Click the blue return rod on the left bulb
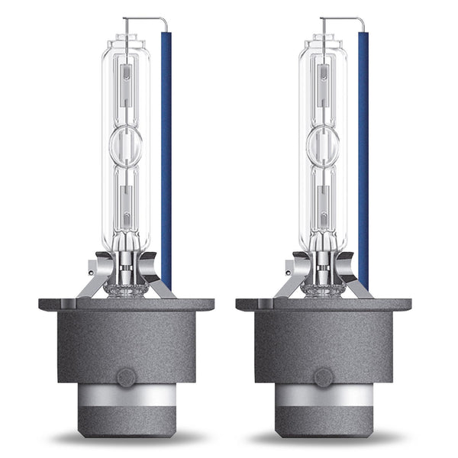(166, 153)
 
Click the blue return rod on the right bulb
(363, 153)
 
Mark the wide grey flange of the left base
(126, 304)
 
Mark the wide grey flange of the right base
(324, 304)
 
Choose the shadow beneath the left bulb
(126, 440)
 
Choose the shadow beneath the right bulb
(324, 440)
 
